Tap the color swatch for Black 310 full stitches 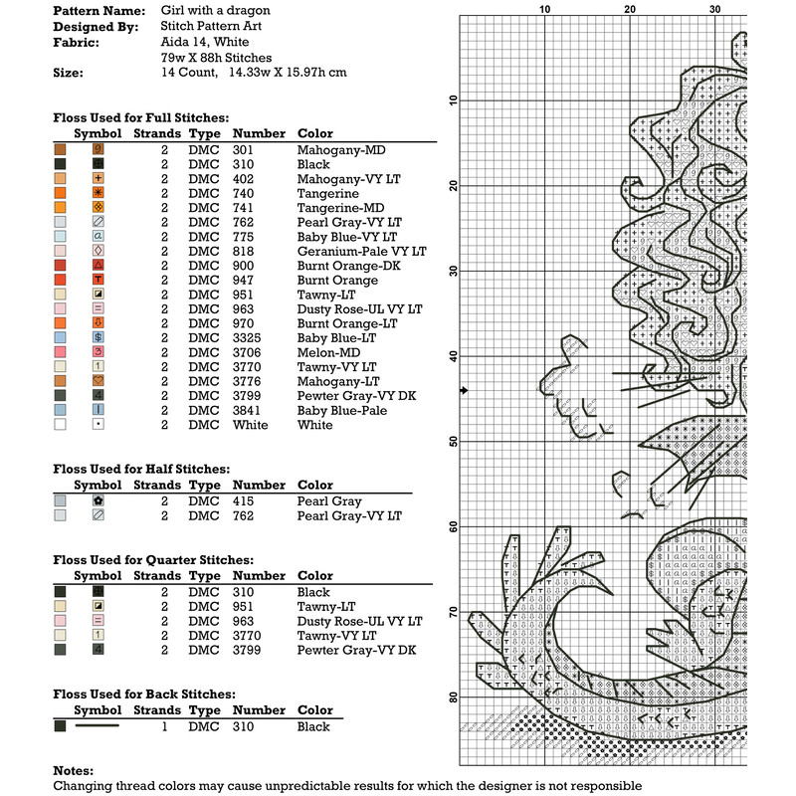coord(60,164)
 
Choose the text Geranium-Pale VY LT coord(361,251)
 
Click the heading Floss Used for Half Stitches coord(141,469)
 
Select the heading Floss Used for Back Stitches coord(144,694)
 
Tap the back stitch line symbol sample coord(98,726)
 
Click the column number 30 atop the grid coord(714,9)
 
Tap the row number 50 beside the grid coord(453,441)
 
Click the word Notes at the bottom coord(74,770)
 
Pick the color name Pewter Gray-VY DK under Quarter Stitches coord(359,650)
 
